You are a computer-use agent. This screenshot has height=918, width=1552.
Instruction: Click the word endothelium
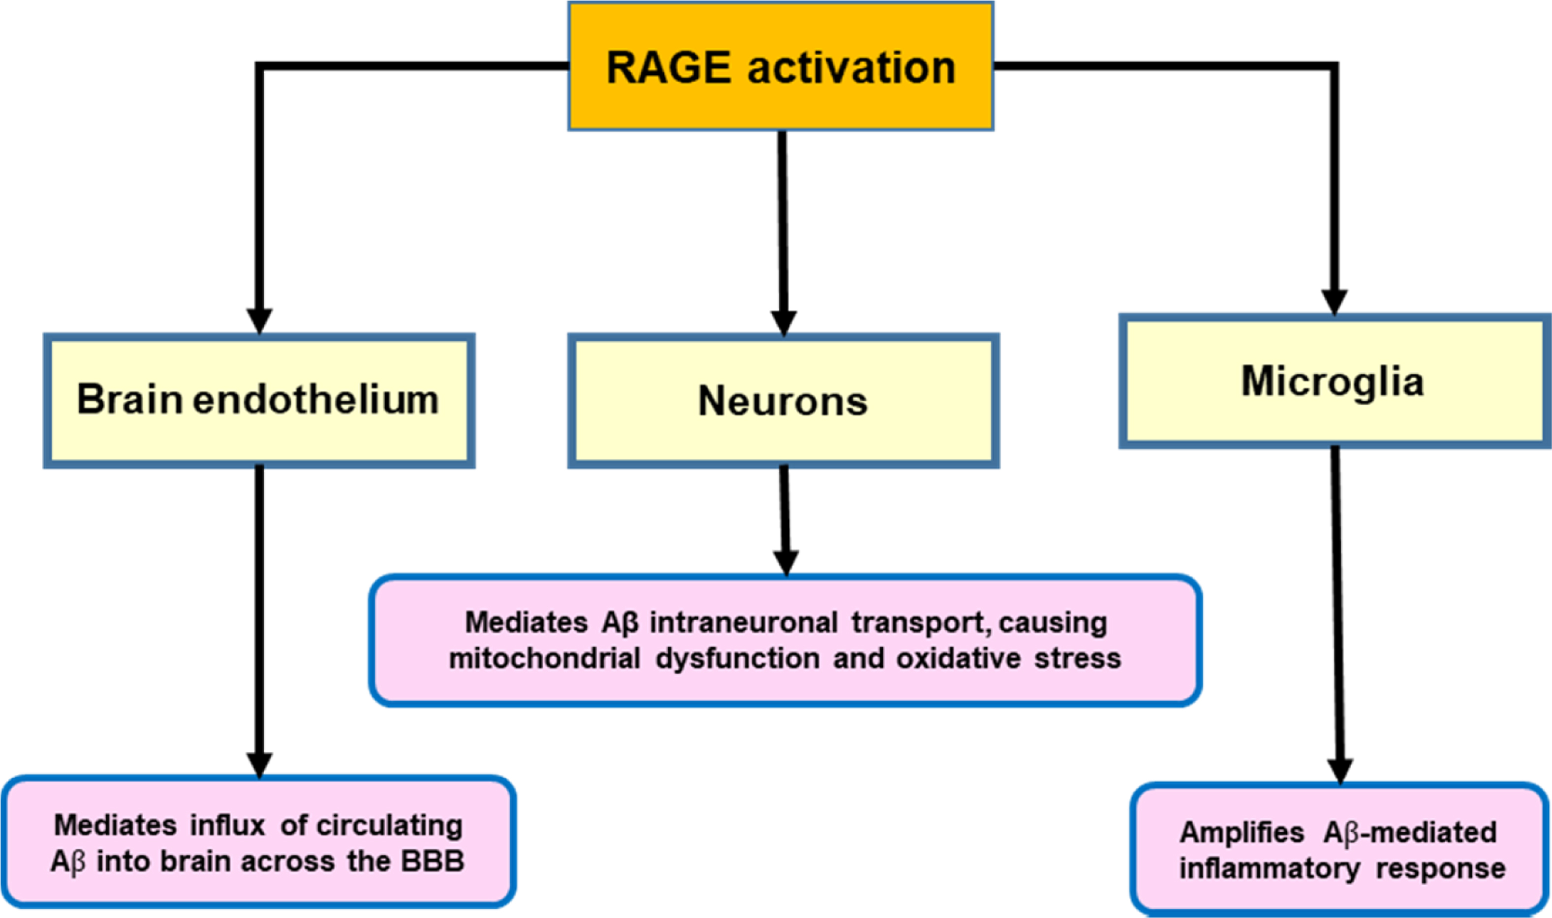tap(315, 399)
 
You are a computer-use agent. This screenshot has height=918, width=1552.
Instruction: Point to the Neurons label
tap(782, 401)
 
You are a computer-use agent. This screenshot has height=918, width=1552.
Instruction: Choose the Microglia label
tap(1333, 381)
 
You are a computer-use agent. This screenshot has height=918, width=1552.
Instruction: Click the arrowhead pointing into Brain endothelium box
tap(259, 320)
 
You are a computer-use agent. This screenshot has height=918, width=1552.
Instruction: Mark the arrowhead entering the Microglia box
tap(1335, 302)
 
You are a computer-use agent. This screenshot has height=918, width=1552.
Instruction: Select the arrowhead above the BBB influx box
tap(259, 764)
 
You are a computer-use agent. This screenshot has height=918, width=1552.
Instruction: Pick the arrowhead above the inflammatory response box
tap(1340, 770)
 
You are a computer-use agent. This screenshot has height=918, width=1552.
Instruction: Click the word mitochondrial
tap(544, 658)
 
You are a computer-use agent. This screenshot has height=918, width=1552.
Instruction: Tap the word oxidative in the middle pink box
tap(958, 658)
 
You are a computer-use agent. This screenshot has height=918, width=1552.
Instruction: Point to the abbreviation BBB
tap(433, 861)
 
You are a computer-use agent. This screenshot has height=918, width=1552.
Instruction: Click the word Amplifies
tap(1242, 832)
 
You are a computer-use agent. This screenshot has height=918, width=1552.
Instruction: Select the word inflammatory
tap(1270, 868)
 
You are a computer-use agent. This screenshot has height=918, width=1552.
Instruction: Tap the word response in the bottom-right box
tap(1441, 868)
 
